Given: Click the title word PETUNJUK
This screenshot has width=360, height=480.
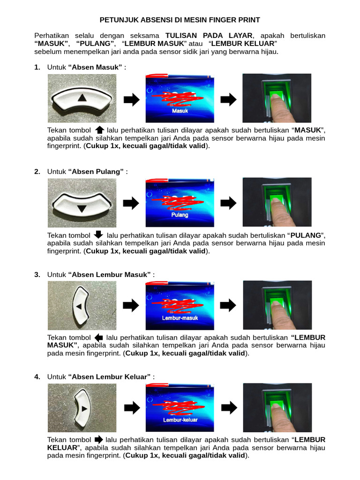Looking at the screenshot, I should (118, 20).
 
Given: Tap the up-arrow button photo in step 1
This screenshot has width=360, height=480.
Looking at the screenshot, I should (82, 98).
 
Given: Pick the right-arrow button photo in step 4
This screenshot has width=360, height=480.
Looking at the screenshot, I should (82, 408).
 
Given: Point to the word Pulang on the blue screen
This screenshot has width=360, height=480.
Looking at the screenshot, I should (180, 215).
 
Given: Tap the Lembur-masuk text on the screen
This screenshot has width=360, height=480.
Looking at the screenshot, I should (180, 318).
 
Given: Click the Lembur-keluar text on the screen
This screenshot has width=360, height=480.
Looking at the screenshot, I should (180, 420).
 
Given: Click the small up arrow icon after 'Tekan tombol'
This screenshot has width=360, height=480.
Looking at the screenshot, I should (99, 130).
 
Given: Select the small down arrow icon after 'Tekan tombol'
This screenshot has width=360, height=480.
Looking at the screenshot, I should (98, 234).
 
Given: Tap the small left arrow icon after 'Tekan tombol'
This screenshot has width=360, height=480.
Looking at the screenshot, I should (98, 337).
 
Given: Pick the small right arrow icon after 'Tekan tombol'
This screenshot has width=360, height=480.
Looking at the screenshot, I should (98, 440).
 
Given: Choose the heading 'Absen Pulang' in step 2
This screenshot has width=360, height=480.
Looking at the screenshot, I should (96, 172).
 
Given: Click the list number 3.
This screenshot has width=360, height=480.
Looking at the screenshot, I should (37, 275).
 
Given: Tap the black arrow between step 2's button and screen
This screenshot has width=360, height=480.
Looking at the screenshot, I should (132, 203).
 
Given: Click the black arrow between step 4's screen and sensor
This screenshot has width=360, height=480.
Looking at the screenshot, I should (229, 408).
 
